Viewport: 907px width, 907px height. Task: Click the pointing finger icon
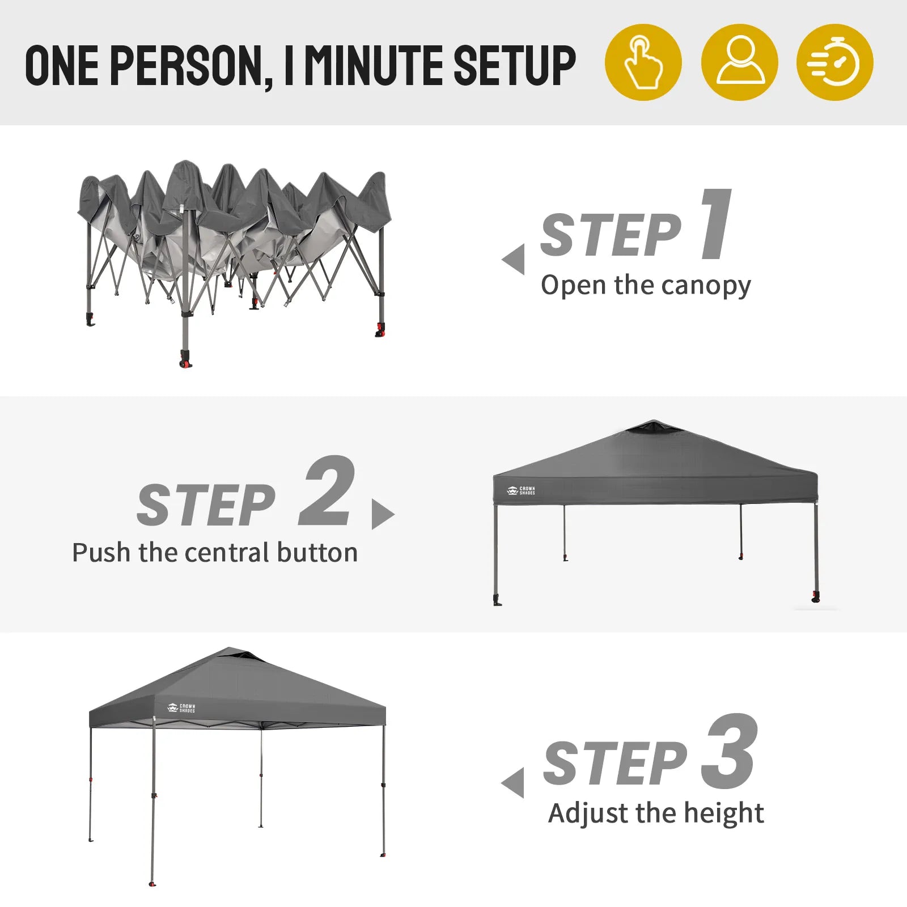tap(643, 62)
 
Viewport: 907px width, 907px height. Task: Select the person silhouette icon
tap(740, 62)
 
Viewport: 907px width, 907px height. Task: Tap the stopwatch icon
tap(835, 62)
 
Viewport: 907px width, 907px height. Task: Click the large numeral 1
tap(715, 224)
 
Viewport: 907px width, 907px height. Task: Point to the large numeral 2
tap(328, 491)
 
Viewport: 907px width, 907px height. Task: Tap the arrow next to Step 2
tap(383, 514)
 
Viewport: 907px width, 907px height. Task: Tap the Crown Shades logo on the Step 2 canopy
tap(520, 490)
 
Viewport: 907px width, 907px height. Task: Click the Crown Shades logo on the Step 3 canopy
tap(181, 708)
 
